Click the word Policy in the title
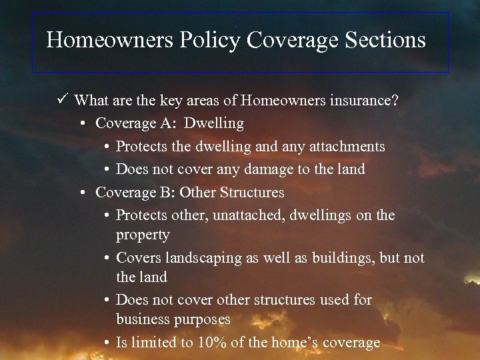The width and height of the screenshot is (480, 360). [x=209, y=41]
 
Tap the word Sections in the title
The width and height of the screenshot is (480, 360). [x=385, y=40]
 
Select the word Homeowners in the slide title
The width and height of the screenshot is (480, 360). [x=110, y=40]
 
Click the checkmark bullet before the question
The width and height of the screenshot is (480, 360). [x=63, y=101]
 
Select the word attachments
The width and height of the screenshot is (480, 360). [x=345, y=146]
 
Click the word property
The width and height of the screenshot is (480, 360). [x=143, y=235]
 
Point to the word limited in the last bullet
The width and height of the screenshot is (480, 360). [x=154, y=343]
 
